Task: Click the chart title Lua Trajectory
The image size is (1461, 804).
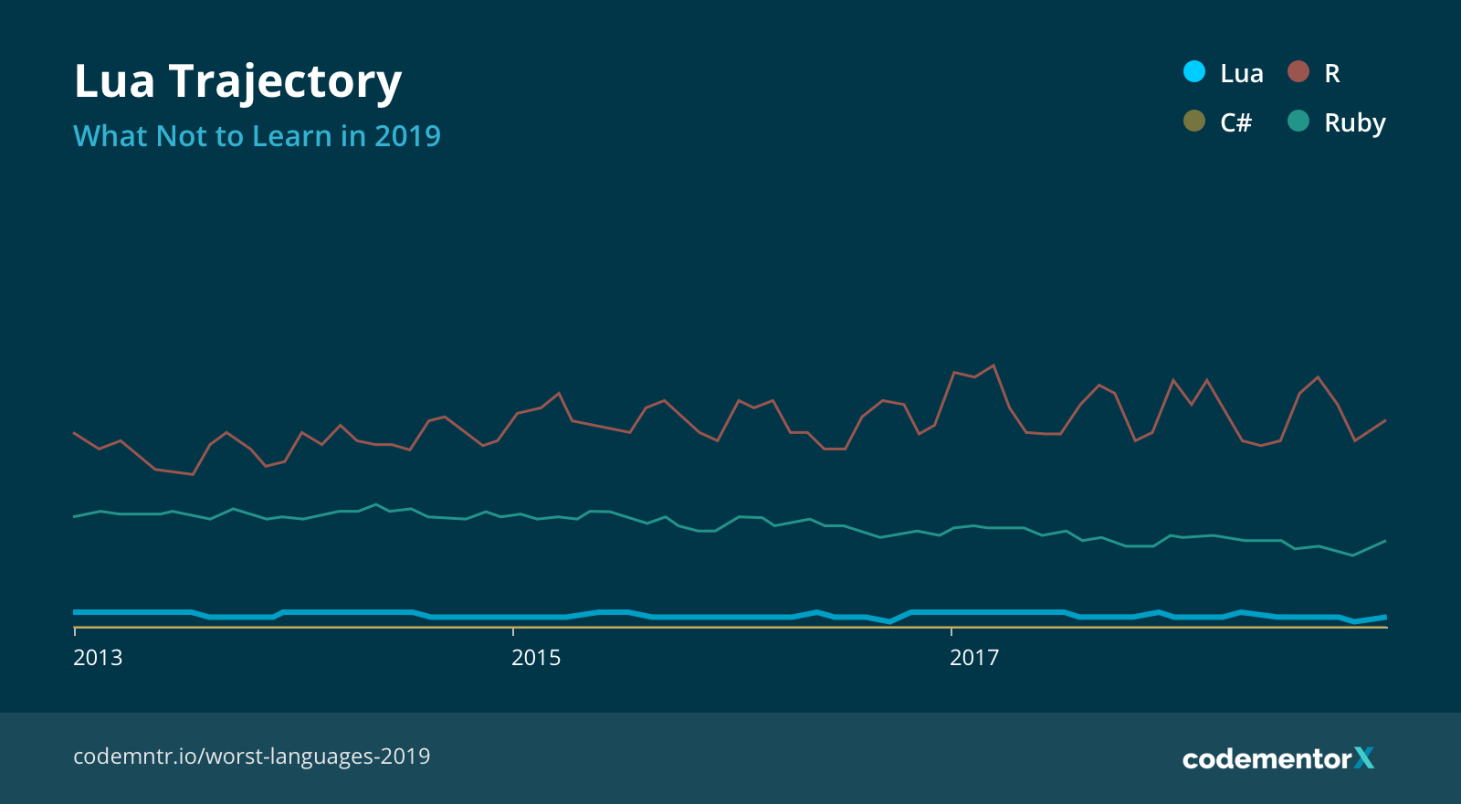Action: click(x=237, y=82)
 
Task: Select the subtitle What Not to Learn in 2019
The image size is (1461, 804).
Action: click(x=257, y=136)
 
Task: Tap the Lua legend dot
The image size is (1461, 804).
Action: click(x=1194, y=71)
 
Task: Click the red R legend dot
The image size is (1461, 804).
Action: click(x=1298, y=71)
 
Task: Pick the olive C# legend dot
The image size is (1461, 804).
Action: click(x=1194, y=121)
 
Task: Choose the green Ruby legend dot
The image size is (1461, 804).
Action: click(x=1298, y=121)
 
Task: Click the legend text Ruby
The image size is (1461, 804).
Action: click(x=1354, y=122)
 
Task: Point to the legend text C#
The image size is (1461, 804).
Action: click(x=1235, y=122)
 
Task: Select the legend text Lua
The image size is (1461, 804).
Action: click(x=1242, y=73)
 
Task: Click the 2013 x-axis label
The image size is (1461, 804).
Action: click(x=98, y=657)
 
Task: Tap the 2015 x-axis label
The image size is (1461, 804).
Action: click(x=536, y=657)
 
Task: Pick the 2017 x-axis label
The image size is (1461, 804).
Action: click(x=974, y=657)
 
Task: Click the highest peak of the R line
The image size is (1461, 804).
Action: click(x=993, y=365)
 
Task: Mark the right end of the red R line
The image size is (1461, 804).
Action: click(x=1385, y=421)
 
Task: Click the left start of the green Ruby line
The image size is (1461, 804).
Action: click(x=75, y=516)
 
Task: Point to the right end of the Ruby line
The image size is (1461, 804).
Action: click(x=1385, y=541)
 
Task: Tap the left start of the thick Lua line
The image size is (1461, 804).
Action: click(x=76, y=612)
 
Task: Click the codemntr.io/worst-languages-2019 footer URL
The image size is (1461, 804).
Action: click(x=251, y=756)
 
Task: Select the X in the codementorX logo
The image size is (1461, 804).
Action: click(x=1364, y=758)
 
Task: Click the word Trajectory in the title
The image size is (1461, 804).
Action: click(x=285, y=82)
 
